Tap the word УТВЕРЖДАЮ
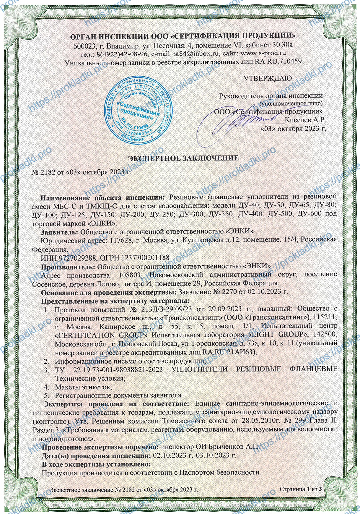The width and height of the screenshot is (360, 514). pos(268,79)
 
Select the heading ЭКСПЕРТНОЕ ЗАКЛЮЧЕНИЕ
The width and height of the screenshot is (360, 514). pos(183,158)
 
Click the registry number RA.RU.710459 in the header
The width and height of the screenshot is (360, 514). pos(278,62)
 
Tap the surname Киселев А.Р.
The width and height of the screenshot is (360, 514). pos(305,120)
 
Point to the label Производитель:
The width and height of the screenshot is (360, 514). pos(68,266)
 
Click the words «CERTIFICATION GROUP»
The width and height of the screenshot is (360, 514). pos(101,335)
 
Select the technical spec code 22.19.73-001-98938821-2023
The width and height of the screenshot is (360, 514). pos(117,369)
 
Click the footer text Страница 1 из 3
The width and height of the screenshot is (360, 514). pos(300,489)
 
